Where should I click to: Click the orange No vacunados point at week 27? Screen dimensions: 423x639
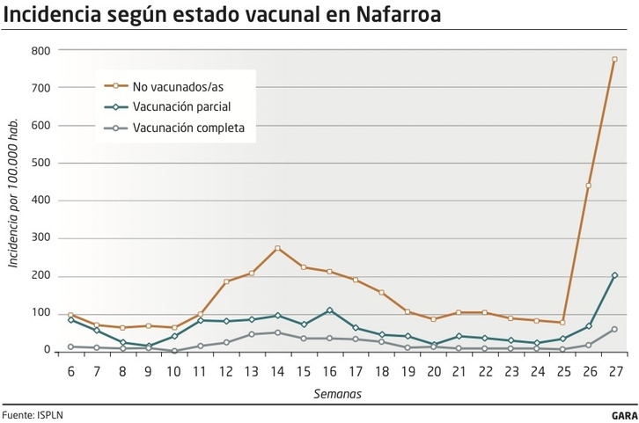[614, 60]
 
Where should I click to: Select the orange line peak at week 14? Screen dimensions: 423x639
[277, 249]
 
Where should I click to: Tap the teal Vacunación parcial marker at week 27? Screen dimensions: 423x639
[614, 275]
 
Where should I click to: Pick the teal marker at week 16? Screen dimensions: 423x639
[329, 310]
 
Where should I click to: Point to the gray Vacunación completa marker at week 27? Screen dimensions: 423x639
[614, 329]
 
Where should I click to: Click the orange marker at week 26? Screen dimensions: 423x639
[588, 186]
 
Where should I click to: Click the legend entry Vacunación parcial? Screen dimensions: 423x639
[181, 106]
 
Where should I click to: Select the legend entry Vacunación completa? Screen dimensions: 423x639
[187, 127]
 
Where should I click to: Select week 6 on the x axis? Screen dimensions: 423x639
[70, 372]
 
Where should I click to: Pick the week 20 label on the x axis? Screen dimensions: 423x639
[433, 372]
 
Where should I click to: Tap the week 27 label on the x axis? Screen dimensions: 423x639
[614, 372]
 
